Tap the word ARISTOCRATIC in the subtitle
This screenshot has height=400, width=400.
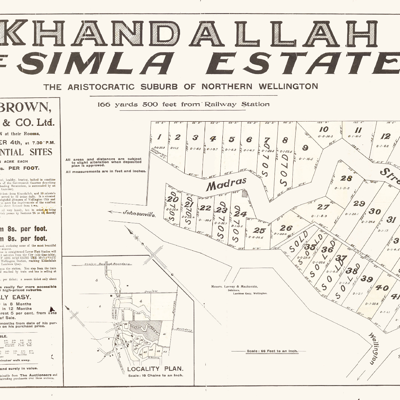coord(101,87)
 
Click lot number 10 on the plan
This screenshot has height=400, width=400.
coord(323,129)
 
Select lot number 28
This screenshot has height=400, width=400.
coord(346,178)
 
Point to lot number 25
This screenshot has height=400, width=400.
coord(259,230)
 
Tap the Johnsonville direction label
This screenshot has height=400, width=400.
coord(139,213)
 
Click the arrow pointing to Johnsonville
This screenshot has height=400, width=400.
coord(114,212)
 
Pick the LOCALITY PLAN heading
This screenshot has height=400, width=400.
coord(155,369)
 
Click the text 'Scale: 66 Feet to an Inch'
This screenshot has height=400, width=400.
coord(272,351)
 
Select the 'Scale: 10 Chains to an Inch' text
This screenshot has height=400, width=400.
coord(155,375)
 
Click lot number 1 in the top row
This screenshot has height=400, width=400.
coord(159,137)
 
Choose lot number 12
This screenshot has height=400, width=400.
coord(385,136)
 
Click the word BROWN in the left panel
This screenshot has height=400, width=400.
coord(26,107)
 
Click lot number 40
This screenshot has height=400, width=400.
coord(382,288)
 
